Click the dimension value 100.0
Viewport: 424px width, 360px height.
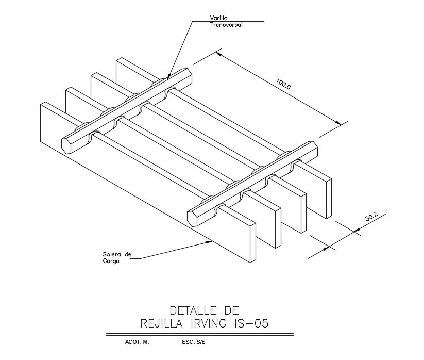point(284,84)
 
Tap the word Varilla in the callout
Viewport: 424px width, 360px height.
point(218,18)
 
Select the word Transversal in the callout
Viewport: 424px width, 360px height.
point(226,24)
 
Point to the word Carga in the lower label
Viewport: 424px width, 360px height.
point(111,261)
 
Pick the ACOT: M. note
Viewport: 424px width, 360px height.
point(137,342)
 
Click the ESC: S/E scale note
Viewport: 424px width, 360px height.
point(193,342)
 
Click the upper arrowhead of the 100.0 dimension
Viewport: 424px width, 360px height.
point(218,53)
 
